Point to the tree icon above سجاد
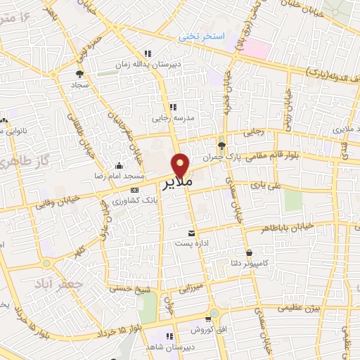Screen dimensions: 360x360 (x=79, y=72)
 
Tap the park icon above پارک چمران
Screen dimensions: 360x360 (x=222, y=146)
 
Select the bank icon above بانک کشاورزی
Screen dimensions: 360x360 (x=135, y=190)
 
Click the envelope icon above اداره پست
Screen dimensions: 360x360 (x=190, y=233)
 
